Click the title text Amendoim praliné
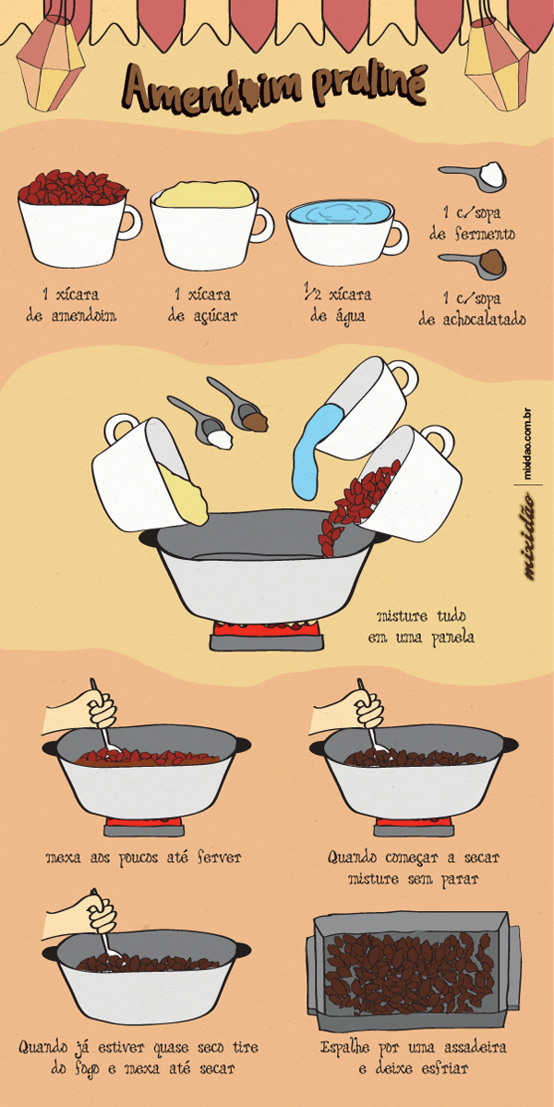(275, 89)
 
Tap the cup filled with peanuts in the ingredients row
(78, 219)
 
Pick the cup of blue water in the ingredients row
(346, 229)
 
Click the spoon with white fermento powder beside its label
(473, 176)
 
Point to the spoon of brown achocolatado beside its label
(473, 262)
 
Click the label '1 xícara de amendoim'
(71, 305)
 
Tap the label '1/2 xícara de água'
(340, 305)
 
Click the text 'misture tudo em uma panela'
(421, 626)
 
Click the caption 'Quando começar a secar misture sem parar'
(414, 869)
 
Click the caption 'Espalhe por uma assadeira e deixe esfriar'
(413, 1057)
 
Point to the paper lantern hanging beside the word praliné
(497, 64)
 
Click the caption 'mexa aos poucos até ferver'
(143, 858)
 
